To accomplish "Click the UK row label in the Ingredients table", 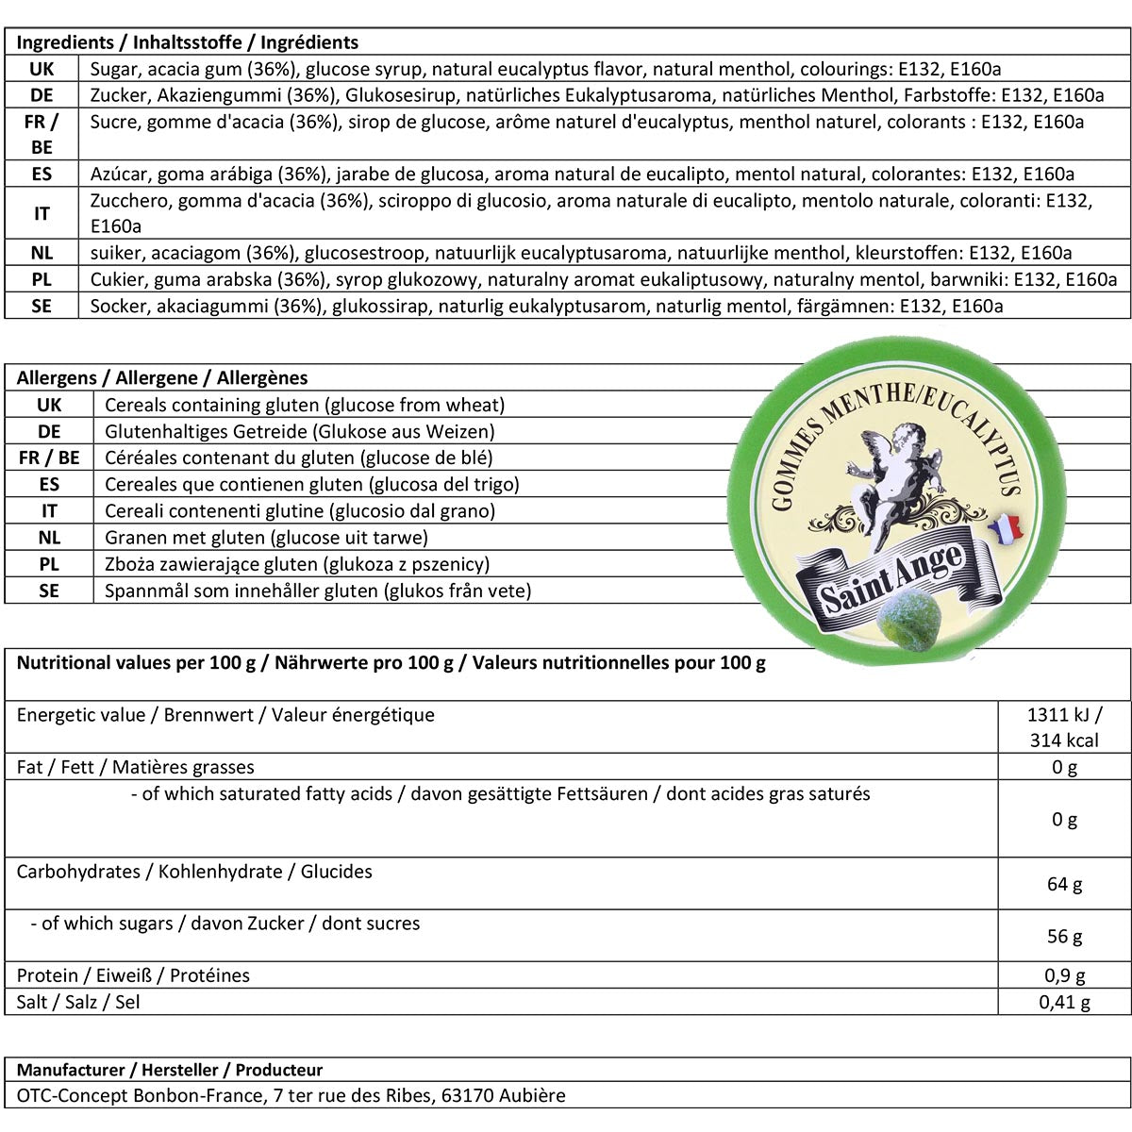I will tap(42, 69).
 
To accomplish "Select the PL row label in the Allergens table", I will tap(49, 564).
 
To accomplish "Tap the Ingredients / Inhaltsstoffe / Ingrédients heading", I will tap(188, 42).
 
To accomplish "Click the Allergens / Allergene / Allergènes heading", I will tap(162, 378).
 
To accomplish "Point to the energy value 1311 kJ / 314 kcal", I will tap(1064, 727).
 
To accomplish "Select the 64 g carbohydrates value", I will tap(1064, 884).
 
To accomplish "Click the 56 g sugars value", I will tap(1064, 936).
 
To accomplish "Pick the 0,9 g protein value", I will tap(1064, 976).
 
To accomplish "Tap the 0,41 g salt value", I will tap(1064, 1002).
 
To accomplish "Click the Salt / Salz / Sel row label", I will tap(78, 1002).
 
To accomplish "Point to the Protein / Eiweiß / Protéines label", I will tap(133, 975).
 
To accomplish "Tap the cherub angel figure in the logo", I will tap(891, 476).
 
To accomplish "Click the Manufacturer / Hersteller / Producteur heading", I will tap(170, 1071).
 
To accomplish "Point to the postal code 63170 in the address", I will tap(464, 1096).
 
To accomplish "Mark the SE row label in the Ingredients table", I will tap(42, 306).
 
